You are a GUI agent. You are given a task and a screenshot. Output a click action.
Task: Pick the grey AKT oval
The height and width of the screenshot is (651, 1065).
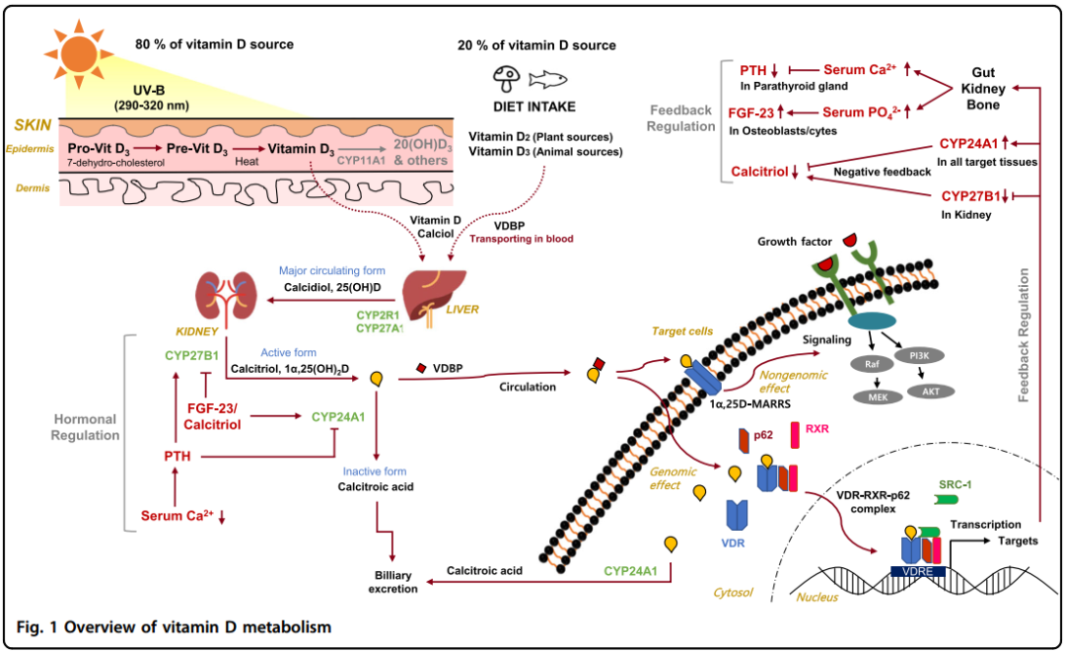[932, 390]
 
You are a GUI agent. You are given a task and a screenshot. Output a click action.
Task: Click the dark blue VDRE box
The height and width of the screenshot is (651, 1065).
[917, 571]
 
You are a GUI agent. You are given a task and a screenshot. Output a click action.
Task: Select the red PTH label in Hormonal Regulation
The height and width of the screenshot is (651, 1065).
[177, 456]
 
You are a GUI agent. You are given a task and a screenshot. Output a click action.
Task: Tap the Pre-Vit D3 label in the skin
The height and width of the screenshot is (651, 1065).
[197, 147]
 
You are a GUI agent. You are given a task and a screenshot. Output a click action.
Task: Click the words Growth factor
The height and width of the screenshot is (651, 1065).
[796, 241]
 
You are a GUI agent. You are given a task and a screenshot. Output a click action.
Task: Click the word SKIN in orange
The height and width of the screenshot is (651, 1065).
[33, 126]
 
